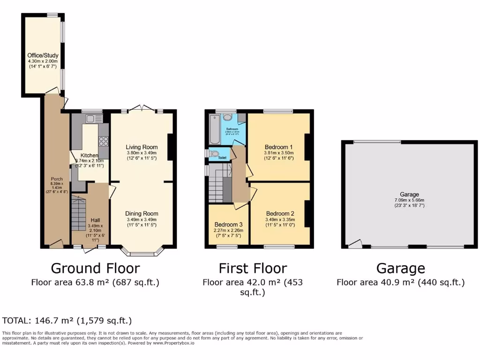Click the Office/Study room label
click(42, 55)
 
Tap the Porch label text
click(57, 179)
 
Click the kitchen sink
click(90, 119)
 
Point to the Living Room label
click(142, 147)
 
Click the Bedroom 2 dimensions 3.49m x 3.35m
click(280, 219)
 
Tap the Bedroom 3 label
click(229, 224)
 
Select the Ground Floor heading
click(95, 268)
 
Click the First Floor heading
click(253, 268)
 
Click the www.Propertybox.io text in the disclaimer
click(174, 343)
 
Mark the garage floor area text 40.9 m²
click(400, 282)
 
